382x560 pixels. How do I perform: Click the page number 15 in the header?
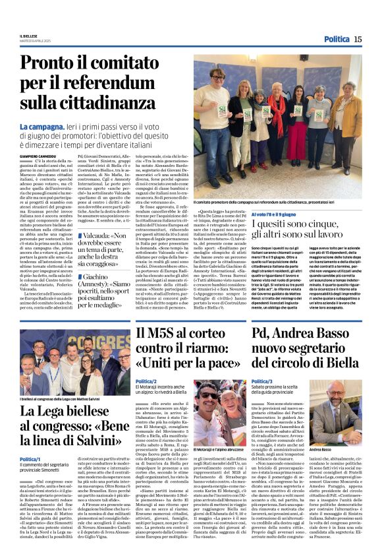358,40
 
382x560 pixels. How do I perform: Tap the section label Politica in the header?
337,40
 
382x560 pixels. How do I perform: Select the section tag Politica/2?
146,381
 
